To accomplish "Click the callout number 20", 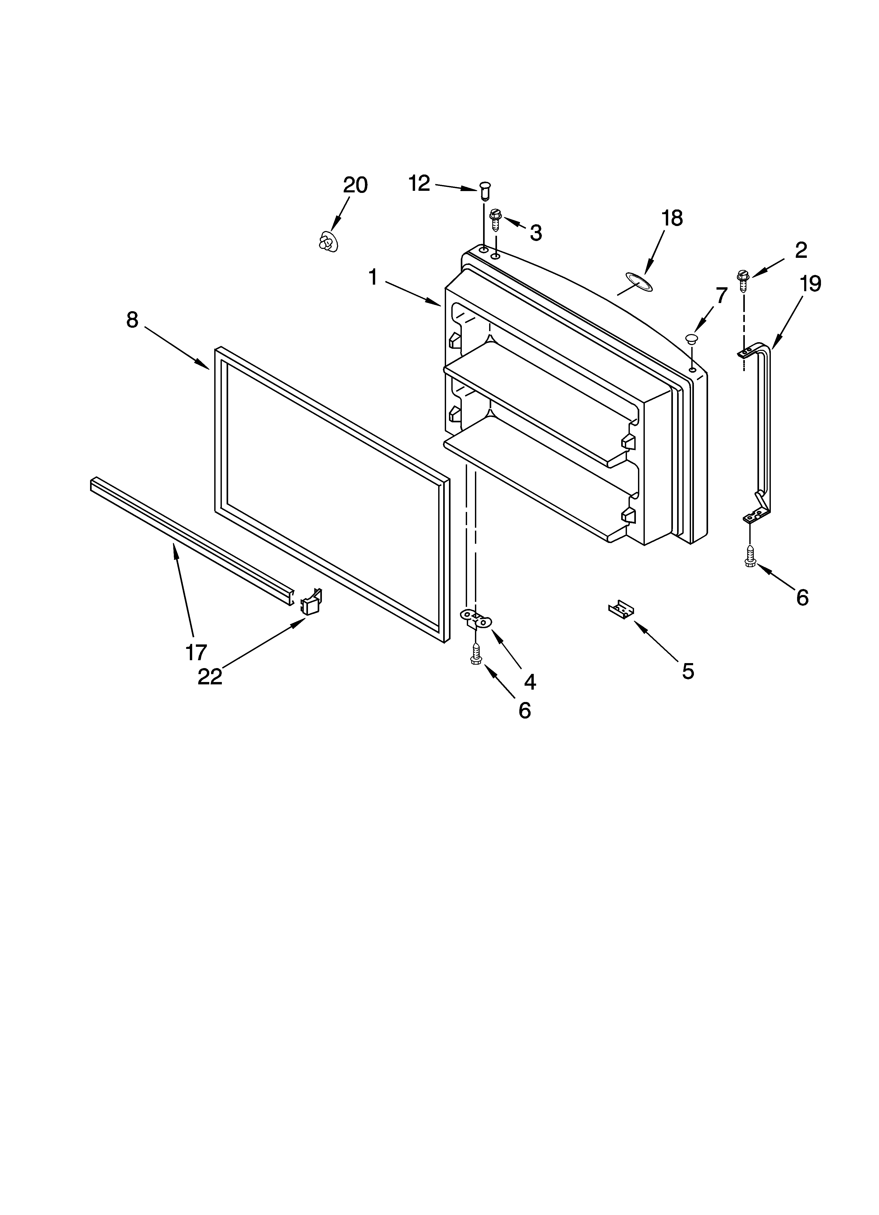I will pyautogui.click(x=355, y=185).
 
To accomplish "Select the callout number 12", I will pyautogui.click(x=419, y=184).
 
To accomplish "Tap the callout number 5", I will pyautogui.click(x=688, y=671).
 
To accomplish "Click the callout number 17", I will pyautogui.click(x=196, y=653).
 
